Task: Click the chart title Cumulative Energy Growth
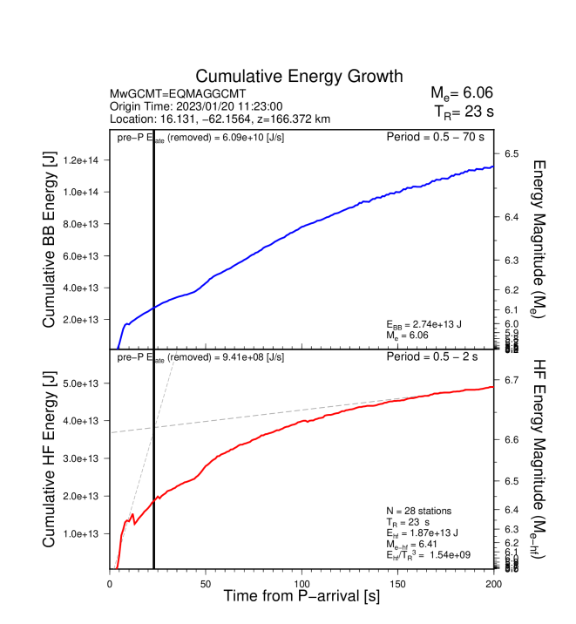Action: point(299,76)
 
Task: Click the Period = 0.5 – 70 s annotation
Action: point(437,138)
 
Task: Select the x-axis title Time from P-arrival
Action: point(302,597)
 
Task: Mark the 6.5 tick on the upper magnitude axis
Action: point(512,154)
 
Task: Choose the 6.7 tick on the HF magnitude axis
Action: point(512,380)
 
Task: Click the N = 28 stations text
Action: point(418,511)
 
